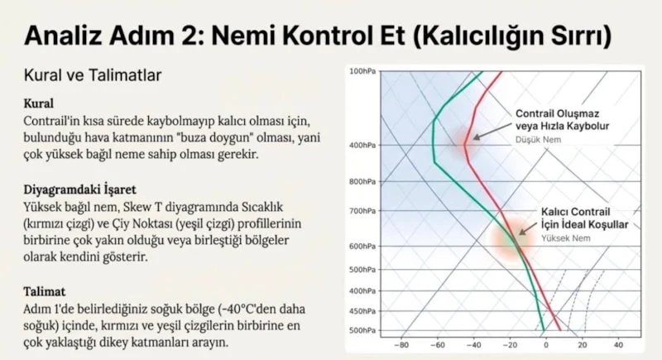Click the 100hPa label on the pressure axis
click(362, 71)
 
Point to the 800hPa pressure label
click(362, 182)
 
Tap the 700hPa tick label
click(362, 210)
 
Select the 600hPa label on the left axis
click(362, 246)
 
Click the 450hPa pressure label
click(362, 311)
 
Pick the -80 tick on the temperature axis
click(401, 345)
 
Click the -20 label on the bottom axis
click(510, 345)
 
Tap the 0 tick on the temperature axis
click(546, 345)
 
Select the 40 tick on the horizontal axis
click(618, 345)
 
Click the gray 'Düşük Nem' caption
click(538, 139)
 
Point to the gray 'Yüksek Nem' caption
click(566, 238)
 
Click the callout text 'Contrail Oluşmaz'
click(557, 113)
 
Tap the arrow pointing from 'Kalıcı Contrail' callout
click(529, 228)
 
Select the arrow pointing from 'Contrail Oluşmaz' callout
click(492, 131)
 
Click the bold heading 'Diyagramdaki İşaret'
click(79, 190)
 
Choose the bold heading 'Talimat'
click(45, 291)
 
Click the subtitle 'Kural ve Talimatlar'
click(93, 75)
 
